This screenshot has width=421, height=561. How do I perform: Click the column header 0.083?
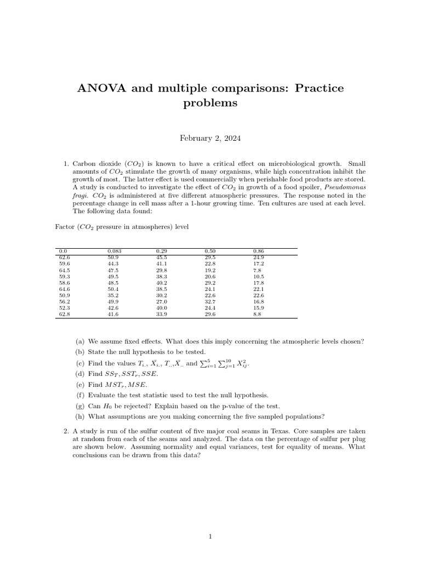[113, 251]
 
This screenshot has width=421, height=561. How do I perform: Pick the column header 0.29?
[162, 251]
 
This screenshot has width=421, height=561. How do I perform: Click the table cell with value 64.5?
[64, 270]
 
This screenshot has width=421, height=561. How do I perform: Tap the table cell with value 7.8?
[257, 270]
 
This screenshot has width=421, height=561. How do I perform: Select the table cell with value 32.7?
[210, 301]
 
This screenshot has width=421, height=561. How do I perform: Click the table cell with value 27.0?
[162, 301]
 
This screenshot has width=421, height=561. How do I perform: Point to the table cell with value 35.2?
[113, 295]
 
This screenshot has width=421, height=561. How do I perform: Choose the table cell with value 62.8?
[64, 314]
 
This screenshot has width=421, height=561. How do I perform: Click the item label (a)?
[79, 341]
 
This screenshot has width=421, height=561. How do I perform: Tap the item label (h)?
[79, 416]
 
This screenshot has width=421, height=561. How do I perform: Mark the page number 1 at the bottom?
[210, 537]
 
